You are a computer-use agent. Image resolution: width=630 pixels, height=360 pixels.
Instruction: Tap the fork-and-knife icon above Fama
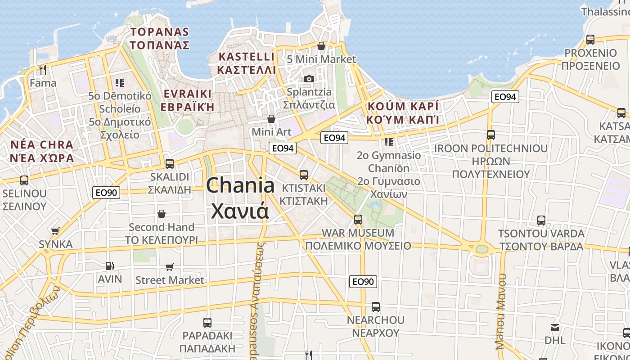pyautogui.click(x=43, y=70)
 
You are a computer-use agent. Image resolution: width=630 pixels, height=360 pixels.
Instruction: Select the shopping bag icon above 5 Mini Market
pyautogui.click(x=321, y=46)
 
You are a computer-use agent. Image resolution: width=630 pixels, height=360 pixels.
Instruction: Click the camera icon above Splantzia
pyautogui.click(x=309, y=79)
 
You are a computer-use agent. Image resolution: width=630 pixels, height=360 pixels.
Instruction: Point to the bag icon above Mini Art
pyautogui.click(x=271, y=119)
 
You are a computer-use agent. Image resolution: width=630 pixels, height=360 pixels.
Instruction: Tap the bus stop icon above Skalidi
pyautogui.click(x=170, y=163)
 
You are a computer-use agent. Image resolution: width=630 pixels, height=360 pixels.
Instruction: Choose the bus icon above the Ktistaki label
pyautogui.click(x=304, y=175)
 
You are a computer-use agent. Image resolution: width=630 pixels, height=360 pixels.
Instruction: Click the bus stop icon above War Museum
pyautogui.click(x=358, y=220)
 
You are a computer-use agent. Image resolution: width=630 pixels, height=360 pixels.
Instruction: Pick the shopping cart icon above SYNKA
pyautogui.click(x=55, y=231)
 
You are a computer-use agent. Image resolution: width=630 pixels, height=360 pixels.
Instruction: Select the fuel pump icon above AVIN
pyautogui.click(x=109, y=266)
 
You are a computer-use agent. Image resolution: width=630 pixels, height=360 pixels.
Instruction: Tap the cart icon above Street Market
pyautogui.click(x=170, y=267)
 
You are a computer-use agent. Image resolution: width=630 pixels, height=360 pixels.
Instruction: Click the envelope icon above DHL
pyautogui.click(x=555, y=327)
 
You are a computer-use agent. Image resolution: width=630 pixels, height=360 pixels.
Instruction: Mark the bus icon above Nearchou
pyautogui.click(x=376, y=307)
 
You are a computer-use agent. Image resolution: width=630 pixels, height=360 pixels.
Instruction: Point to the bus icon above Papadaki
pyautogui.click(x=207, y=322)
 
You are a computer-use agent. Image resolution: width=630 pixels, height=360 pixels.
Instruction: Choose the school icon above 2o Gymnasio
pyautogui.click(x=389, y=142)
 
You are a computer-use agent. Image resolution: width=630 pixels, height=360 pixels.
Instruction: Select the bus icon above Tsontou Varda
pyautogui.click(x=541, y=220)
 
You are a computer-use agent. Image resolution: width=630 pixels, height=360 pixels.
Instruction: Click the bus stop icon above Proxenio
pyautogui.click(x=590, y=40)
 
